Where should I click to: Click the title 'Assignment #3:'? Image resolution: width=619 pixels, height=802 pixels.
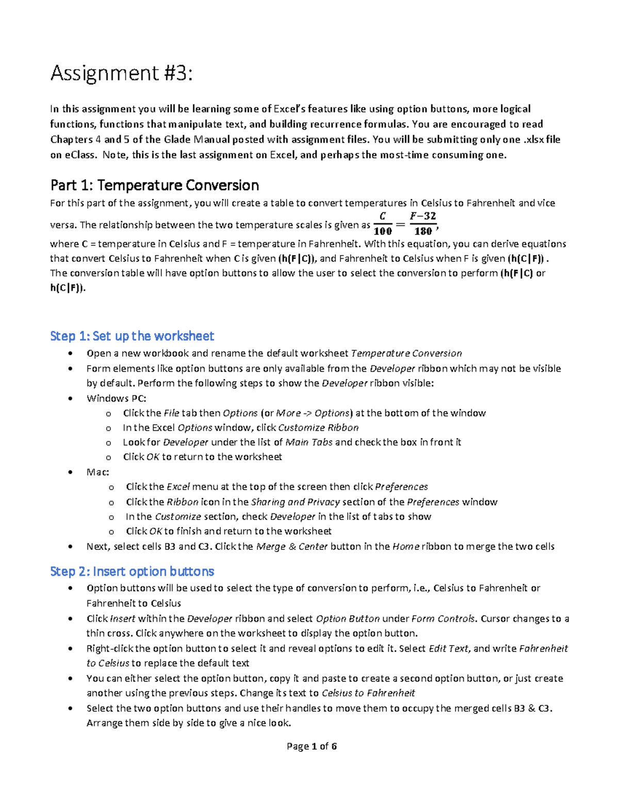pyautogui.click(x=121, y=74)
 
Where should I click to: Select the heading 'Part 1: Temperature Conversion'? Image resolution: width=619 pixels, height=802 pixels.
pyautogui.click(x=154, y=185)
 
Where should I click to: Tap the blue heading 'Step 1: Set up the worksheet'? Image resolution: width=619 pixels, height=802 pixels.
pyautogui.click(x=132, y=336)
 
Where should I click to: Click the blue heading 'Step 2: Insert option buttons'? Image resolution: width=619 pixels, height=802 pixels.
pyautogui.click(x=132, y=572)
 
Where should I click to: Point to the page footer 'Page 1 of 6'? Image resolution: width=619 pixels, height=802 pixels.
pyautogui.click(x=312, y=746)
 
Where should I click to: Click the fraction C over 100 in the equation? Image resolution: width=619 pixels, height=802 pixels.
pyautogui.click(x=382, y=224)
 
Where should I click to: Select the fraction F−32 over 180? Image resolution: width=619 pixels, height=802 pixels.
pyautogui.click(x=423, y=224)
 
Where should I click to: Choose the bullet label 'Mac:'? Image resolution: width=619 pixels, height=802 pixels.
pyautogui.click(x=97, y=472)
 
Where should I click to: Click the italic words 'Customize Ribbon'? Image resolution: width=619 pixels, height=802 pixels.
pyautogui.click(x=318, y=428)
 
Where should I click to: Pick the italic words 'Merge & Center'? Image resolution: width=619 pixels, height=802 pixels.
pyautogui.click(x=291, y=546)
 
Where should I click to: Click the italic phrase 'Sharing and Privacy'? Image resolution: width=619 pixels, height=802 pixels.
pyautogui.click(x=295, y=502)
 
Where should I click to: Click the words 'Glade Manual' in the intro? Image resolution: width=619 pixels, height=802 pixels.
pyautogui.click(x=197, y=139)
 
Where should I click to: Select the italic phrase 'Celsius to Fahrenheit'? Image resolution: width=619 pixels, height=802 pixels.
pyautogui.click(x=368, y=693)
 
